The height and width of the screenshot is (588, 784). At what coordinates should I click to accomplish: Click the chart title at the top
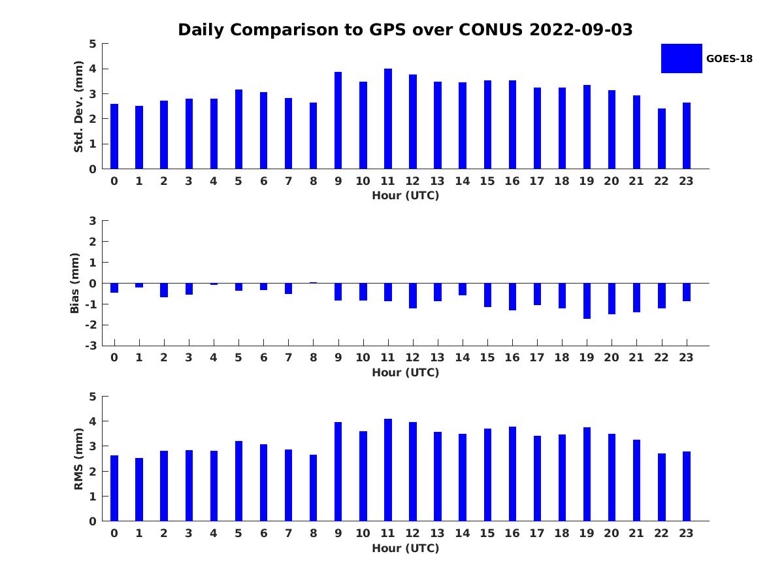[405, 30]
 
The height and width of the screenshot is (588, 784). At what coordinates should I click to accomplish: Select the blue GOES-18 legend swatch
[681, 58]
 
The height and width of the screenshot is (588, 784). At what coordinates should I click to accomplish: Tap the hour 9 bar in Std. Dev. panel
[338, 121]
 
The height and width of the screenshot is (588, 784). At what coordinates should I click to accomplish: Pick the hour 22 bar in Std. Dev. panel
[662, 139]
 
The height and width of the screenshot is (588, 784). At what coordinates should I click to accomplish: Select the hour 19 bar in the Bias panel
[587, 301]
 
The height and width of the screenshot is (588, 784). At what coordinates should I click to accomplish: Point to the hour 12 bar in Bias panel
[413, 295]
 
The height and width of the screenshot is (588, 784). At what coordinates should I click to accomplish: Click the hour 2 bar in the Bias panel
[164, 290]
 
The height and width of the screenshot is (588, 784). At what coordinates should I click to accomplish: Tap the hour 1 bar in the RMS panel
[139, 489]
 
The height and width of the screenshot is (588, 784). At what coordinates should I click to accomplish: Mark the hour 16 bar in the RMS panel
[512, 474]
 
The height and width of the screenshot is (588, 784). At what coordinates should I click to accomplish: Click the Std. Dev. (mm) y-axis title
[79, 106]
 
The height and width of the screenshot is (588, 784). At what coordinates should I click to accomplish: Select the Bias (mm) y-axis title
[75, 283]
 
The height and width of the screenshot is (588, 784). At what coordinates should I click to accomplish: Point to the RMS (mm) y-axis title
[79, 459]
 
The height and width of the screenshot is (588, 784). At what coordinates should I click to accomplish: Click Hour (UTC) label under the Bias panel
[405, 372]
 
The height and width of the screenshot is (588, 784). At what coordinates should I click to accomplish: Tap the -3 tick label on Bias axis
[91, 346]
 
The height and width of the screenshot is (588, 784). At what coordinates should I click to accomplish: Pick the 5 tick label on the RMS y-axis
[92, 397]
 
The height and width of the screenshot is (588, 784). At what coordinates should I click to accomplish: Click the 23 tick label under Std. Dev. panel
[687, 181]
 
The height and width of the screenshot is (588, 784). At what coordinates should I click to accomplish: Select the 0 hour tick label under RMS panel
[114, 533]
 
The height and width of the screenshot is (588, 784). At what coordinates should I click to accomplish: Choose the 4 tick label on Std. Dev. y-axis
[92, 69]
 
